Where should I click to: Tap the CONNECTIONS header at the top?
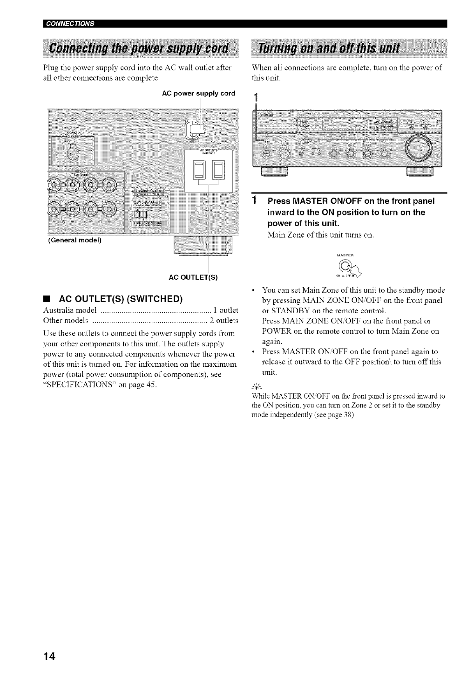pos(69,24)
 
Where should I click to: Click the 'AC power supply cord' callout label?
pos(198,93)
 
